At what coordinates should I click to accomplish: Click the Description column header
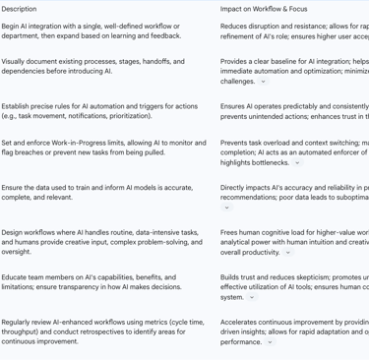point(19,9)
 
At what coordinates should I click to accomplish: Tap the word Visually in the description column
point(16,61)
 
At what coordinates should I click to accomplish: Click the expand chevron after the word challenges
point(263,82)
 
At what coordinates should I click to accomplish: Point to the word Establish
point(18,105)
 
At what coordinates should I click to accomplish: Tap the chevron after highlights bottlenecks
point(297,162)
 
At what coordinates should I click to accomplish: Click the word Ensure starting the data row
point(14,187)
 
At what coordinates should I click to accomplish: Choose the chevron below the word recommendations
point(226,208)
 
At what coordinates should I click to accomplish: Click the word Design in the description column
point(14,232)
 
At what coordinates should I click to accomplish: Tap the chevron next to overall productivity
point(288,252)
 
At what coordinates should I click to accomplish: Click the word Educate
point(16,277)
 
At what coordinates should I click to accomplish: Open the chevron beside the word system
point(251,297)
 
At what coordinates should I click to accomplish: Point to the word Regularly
point(18,322)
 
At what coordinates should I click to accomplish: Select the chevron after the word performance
point(270,342)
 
